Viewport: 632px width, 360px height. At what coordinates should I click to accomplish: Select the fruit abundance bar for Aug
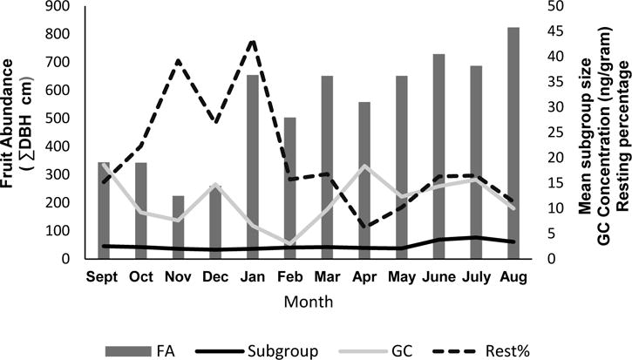tap(513, 144)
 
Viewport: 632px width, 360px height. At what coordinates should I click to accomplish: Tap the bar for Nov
tap(178, 228)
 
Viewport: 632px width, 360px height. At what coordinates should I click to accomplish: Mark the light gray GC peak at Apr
tap(364, 166)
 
